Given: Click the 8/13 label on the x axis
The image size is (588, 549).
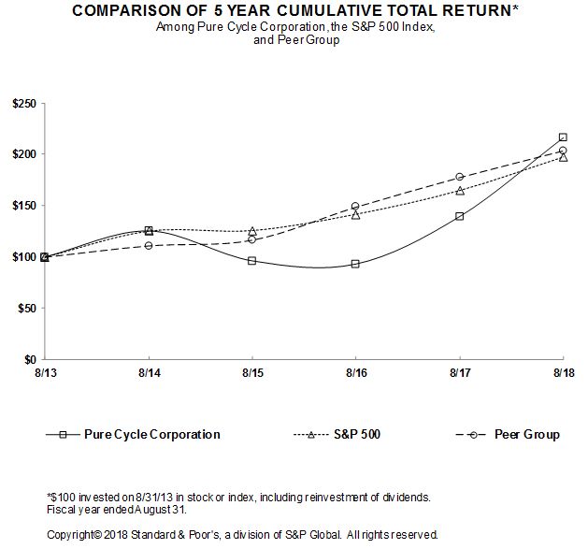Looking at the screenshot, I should pyautogui.click(x=44, y=372).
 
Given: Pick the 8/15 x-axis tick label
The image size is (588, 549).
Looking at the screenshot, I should pyautogui.click(x=251, y=372).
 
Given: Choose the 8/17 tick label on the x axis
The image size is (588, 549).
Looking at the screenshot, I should pyautogui.click(x=459, y=372).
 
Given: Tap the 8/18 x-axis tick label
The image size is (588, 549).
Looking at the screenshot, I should pyautogui.click(x=563, y=372).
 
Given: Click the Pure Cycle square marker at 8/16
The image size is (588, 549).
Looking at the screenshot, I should pyautogui.click(x=355, y=264).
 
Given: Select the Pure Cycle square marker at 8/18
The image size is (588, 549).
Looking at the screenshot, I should pyautogui.click(x=563, y=137).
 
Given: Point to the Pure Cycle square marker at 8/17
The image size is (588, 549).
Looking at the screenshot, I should pyautogui.click(x=459, y=216).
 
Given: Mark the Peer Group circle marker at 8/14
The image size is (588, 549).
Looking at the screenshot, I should pyautogui.click(x=148, y=246).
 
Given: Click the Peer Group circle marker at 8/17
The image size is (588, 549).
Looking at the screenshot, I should pyautogui.click(x=459, y=177).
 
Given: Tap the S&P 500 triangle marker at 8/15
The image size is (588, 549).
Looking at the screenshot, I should pyautogui.click(x=251, y=231).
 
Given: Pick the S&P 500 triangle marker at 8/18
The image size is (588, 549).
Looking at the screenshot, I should pyautogui.click(x=563, y=157).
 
